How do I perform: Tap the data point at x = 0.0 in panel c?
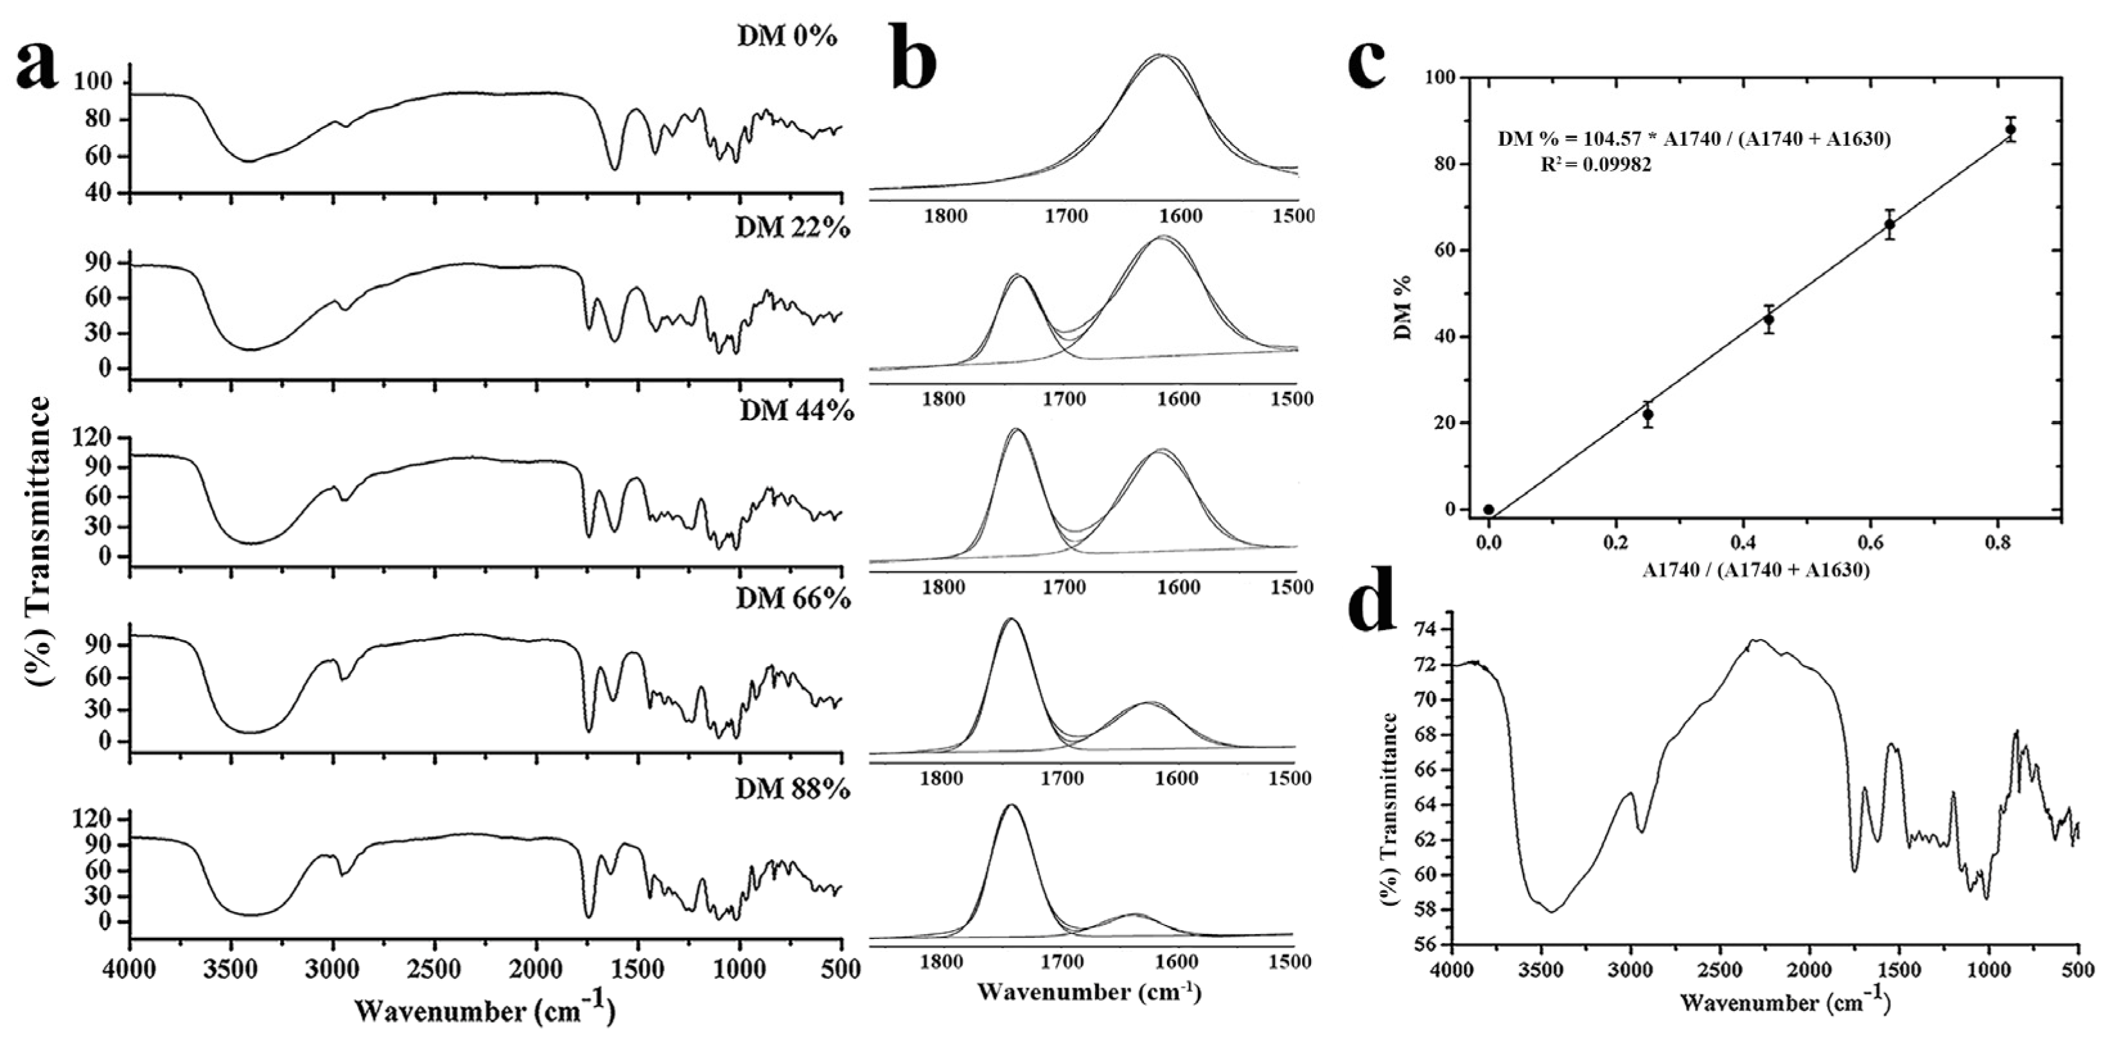1489,509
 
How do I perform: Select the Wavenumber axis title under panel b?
1089,992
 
